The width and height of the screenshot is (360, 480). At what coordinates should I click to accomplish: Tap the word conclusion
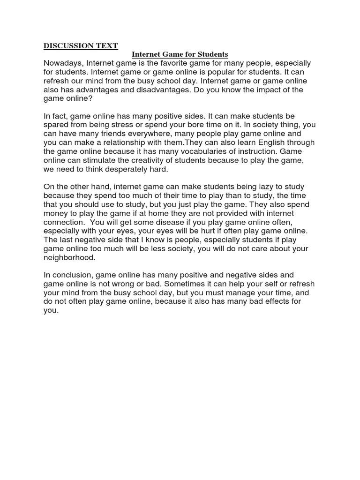72,275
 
